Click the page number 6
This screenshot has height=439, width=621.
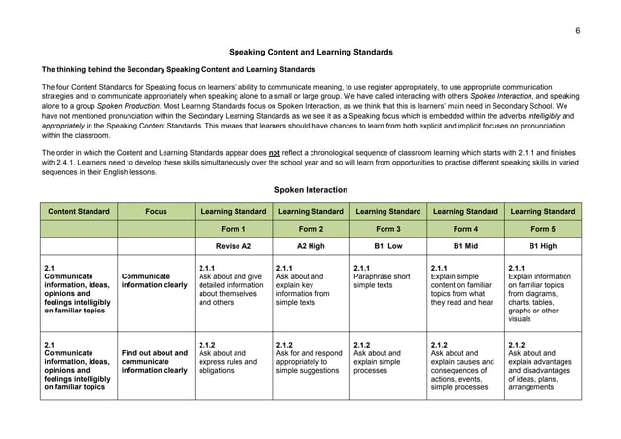point(577,30)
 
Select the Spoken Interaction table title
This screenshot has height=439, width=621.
point(310,189)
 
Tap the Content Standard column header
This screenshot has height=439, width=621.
point(78,211)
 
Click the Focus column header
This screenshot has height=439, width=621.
point(156,211)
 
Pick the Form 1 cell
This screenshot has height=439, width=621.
point(234,230)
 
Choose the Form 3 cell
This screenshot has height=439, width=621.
point(387,230)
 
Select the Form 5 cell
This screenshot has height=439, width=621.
point(542,230)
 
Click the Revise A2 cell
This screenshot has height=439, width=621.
point(234,247)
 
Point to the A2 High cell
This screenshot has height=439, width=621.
point(310,247)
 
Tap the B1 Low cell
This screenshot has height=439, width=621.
point(387,247)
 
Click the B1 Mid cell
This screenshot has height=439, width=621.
point(464,247)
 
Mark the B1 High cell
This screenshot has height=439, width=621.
point(542,247)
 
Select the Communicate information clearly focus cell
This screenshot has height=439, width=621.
point(156,281)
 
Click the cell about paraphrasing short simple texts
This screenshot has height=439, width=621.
point(387,281)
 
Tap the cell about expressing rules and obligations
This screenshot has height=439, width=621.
point(234,364)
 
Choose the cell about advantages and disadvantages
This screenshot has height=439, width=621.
point(542,370)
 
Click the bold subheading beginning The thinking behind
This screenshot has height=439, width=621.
point(177,70)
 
